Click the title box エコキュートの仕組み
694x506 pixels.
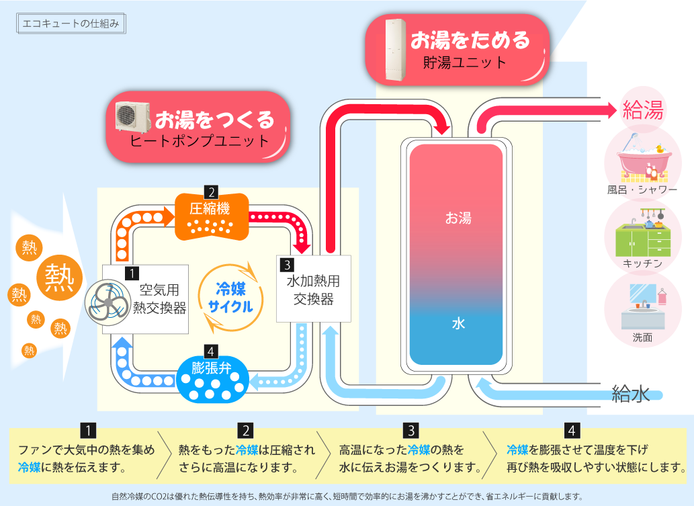(x=70, y=24)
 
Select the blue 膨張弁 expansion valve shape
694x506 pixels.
(x=212, y=380)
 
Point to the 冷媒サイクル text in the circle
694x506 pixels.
(x=230, y=298)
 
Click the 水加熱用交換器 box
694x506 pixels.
(x=314, y=289)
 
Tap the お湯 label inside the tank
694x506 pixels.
(x=458, y=218)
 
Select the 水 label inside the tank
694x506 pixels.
(x=458, y=323)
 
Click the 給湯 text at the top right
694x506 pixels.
(x=643, y=110)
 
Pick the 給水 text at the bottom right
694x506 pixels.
(x=631, y=394)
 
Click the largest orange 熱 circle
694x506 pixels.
(x=60, y=276)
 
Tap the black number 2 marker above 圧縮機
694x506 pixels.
(x=211, y=190)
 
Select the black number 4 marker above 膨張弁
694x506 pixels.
(x=211, y=351)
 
